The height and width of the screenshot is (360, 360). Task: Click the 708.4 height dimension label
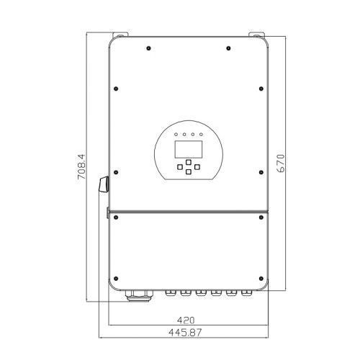click(x=81, y=167)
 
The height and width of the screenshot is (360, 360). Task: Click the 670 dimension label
click(x=281, y=163)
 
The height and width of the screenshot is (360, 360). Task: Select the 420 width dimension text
click(x=186, y=320)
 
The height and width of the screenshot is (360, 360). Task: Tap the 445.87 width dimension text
click(x=185, y=333)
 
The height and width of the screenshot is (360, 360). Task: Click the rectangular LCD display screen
click(x=189, y=149)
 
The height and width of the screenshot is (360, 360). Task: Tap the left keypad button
click(x=180, y=167)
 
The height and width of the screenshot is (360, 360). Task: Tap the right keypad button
click(x=197, y=167)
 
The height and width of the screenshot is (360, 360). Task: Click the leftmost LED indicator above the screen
click(x=176, y=135)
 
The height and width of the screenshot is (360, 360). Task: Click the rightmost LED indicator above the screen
click(x=201, y=135)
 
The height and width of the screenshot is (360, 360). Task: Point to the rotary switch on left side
click(x=104, y=184)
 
